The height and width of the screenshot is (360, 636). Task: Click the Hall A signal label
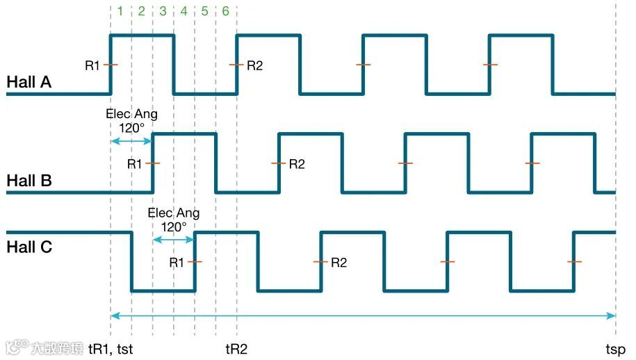click(28, 82)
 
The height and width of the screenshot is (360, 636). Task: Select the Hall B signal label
click(28, 181)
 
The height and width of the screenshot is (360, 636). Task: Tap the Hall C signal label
click(28, 247)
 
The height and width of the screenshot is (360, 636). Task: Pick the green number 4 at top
click(184, 11)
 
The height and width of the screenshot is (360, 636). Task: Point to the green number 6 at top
click(226, 11)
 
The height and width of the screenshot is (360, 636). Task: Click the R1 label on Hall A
click(92, 65)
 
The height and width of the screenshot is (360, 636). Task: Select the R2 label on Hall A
click(255, 65)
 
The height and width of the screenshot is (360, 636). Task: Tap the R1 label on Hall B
click(134, 164)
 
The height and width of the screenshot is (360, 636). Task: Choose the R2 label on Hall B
click(297, 164)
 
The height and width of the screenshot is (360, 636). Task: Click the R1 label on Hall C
click(177, 262)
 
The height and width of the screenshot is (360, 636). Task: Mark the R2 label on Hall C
click(339, 262)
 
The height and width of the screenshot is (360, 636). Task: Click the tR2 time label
click(236, 349)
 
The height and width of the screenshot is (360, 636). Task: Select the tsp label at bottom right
click(615, 349)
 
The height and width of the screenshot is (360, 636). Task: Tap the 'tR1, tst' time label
click(111, 349)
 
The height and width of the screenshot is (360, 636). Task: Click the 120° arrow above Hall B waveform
click(131, 141)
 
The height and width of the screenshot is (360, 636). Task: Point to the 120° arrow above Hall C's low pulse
click(173, 239)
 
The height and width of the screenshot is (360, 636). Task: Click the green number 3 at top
click(163, 11)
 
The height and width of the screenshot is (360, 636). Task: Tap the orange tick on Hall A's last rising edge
click(490, 65)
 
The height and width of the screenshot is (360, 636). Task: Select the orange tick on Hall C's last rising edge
click(574, 262)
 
